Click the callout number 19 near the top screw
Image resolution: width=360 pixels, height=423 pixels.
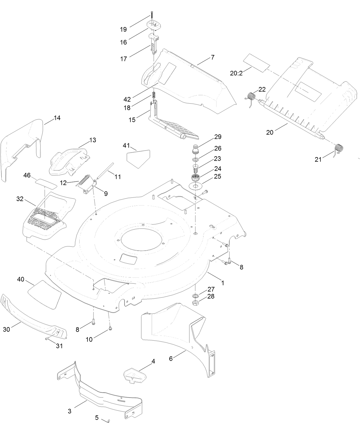[123, 29]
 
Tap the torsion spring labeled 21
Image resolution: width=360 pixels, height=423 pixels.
[339, 150]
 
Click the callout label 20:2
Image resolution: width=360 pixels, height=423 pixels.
[236, 73]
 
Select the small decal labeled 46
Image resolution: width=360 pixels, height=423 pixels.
[46, 183]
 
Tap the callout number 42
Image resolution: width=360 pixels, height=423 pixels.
[127, 99]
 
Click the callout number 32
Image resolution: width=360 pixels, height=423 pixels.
[20, 199]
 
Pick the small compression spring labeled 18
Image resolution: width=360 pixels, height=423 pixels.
[154, 96]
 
